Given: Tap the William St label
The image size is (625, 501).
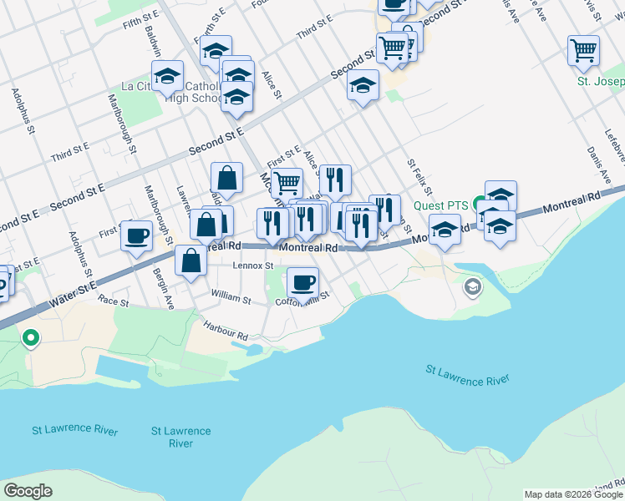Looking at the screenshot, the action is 231,296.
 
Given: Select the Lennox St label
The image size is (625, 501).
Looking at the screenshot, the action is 253,266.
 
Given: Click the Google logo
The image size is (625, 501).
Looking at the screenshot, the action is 28,491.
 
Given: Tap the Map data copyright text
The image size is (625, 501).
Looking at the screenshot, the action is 573,494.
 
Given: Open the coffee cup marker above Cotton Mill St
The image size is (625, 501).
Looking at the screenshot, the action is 302,281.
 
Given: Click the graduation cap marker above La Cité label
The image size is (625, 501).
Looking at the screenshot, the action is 167,75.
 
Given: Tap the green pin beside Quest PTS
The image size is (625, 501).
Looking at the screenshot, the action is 480,204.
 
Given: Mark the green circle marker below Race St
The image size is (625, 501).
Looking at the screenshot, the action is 31,338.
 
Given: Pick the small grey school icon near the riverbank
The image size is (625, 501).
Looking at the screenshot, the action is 472,287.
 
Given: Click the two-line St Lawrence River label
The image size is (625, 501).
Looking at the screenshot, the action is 180,437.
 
